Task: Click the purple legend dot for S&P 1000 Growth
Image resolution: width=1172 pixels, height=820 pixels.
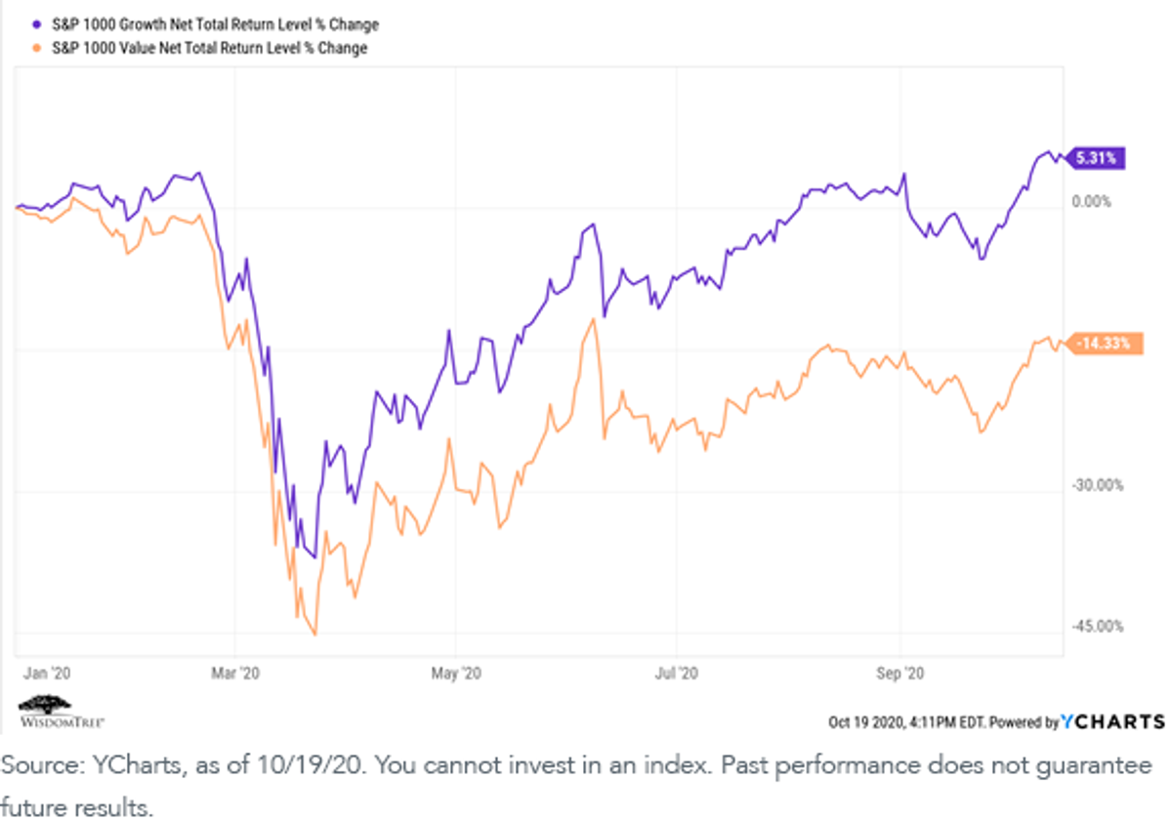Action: coord(37,24)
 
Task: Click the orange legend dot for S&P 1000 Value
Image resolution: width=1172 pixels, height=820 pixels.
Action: coord(37,48)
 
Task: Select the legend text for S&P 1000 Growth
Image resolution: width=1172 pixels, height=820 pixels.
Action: coord(215,24)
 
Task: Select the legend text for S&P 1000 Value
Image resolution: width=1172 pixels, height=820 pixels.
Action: coord(209,48)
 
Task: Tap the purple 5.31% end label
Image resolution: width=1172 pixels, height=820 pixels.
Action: coord(1095,158)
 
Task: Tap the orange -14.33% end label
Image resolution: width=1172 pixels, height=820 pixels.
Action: coord(1104,344)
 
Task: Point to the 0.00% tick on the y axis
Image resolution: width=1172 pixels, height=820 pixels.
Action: coord(1091,202)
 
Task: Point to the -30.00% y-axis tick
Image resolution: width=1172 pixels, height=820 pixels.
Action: coord(1097,485)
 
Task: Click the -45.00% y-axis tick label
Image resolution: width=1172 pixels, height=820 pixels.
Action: coord(1097,626)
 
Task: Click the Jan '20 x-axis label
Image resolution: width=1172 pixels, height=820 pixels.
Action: coord(47,673)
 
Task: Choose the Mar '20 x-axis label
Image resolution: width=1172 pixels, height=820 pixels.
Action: coord(235,673)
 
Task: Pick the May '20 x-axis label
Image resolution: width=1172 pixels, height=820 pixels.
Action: coord(456,673)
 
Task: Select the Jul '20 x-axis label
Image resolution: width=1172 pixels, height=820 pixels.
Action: coord(676,673)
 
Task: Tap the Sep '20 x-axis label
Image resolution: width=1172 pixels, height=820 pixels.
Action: coord(900,673)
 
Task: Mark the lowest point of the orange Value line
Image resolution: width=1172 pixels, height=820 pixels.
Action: coord(314,635)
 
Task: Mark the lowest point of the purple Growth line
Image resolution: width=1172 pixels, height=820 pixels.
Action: coord(314,557)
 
